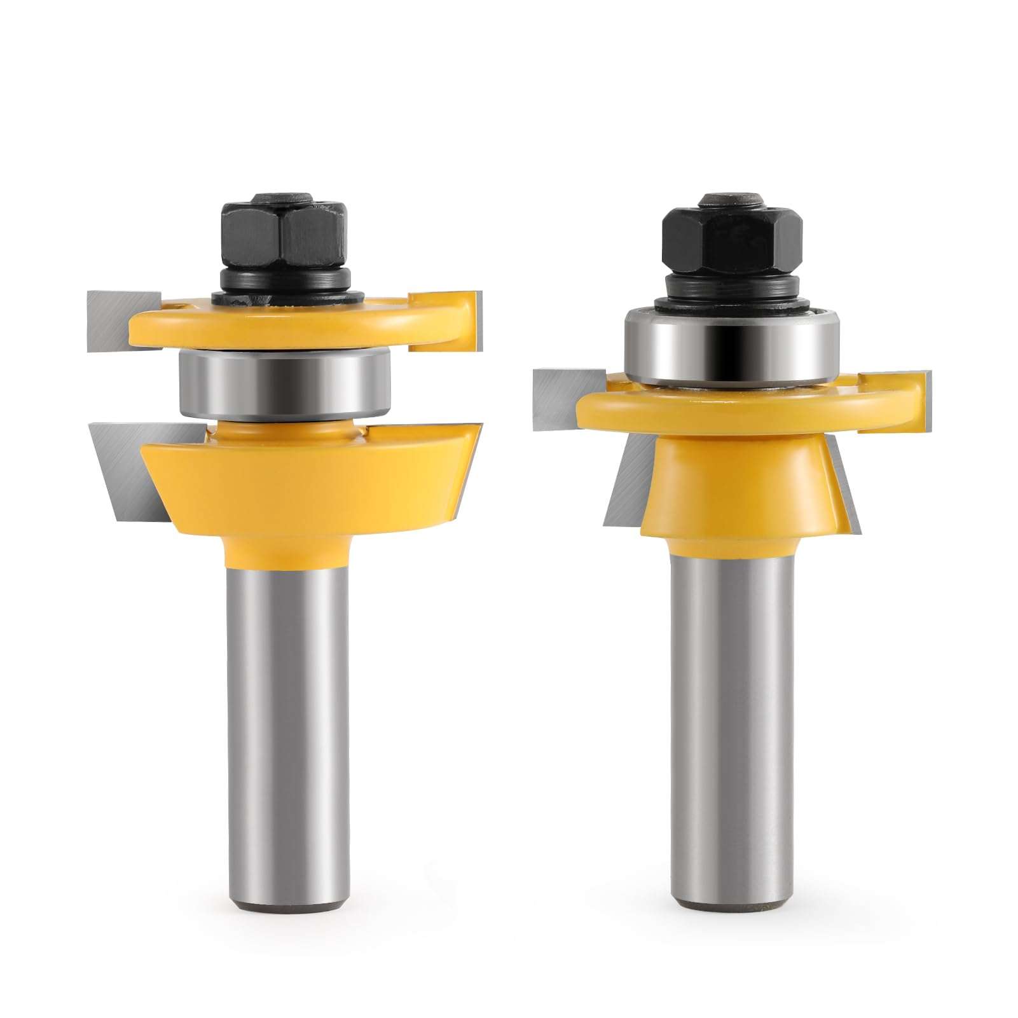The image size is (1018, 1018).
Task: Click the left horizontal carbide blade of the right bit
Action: click(x=560, y=398)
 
